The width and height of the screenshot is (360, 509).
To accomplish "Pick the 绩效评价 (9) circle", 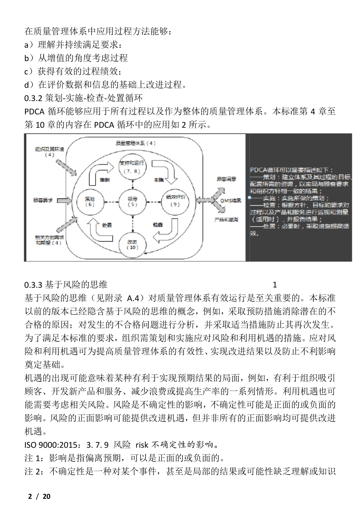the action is [175, 201].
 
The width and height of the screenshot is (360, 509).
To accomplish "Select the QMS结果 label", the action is [231, 200].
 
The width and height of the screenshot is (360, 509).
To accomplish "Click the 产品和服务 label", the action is [227, 220].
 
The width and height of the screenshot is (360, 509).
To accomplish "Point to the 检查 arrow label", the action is [158, 225].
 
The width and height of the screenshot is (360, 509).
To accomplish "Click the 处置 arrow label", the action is [107, 225].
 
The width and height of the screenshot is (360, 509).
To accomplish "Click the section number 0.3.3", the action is [33, 285].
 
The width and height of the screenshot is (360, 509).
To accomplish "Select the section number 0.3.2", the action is [33, 98].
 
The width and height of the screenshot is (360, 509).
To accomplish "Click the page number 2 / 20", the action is [39, 496].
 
